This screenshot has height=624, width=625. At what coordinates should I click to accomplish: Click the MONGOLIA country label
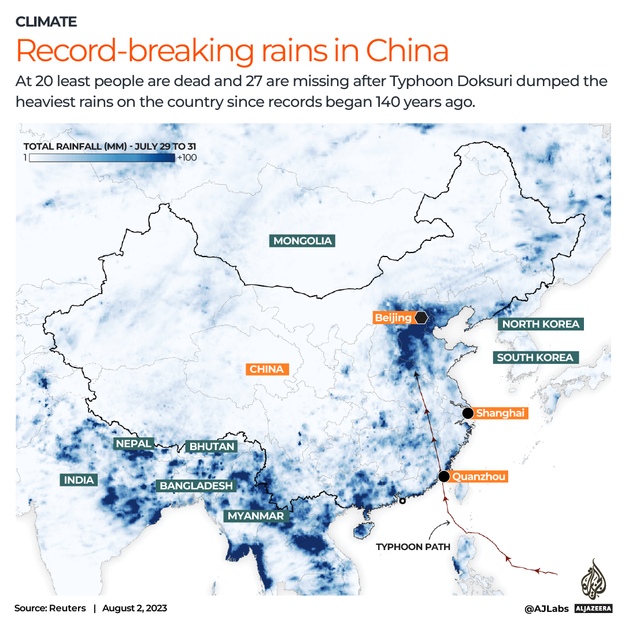click(303, 241)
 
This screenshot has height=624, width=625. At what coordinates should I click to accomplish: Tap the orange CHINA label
click(267, 369)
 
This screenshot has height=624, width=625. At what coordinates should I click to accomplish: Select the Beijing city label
click(393, 318)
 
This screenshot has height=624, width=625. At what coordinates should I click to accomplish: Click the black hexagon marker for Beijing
click(421, 318)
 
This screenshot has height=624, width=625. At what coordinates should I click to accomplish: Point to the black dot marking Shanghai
click(468, 413)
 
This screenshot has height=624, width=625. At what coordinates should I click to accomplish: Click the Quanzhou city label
click(479, 477)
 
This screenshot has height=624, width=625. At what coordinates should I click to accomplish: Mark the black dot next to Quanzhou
click(443, 477)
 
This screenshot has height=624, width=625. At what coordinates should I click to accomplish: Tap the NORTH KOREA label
click(541, 324)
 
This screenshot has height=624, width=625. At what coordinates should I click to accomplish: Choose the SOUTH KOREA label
click(535, 358)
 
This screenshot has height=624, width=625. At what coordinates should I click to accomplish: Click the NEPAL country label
click(134, 444)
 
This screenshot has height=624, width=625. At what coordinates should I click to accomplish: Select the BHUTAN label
click(212, 447)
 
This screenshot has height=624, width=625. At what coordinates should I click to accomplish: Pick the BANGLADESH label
click(197, 486)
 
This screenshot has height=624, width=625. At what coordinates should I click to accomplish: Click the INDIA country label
click(79, 480)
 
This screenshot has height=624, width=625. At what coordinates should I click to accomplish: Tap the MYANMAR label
click(256, 516)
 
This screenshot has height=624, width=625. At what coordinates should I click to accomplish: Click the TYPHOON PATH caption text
click(413, 547)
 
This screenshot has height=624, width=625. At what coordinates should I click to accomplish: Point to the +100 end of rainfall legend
click(187, 158)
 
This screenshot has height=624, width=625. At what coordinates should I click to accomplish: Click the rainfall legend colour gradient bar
click(102, 158)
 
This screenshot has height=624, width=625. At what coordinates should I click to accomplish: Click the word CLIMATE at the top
click(46, 22)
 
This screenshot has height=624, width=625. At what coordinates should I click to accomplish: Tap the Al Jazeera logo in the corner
click(593, 584)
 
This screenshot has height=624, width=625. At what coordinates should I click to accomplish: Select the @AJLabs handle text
click(546, 608)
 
